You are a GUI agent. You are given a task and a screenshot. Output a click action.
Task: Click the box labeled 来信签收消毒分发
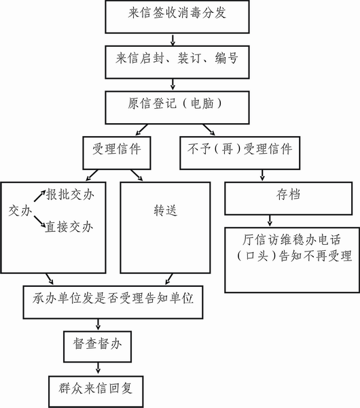177,16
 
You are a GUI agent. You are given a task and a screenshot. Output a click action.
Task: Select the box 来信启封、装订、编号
177,62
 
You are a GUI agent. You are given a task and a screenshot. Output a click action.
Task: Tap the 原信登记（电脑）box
177,107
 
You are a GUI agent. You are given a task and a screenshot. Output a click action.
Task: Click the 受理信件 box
117,153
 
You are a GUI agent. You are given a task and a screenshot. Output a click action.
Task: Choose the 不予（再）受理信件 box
240,153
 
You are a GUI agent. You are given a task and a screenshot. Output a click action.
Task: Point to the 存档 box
289,199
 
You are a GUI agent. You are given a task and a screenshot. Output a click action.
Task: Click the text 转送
165,211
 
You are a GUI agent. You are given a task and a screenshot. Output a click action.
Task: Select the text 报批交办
70,194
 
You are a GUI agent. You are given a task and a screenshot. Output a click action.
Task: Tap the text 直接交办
69,227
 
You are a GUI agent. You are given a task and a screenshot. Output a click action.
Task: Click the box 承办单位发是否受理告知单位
113,302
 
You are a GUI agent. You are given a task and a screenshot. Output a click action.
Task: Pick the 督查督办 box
98,347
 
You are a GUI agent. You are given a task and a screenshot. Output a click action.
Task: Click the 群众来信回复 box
96,392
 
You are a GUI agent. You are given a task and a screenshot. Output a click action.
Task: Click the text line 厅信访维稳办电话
291,239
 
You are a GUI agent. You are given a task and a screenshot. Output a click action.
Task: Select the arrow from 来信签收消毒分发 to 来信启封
173,39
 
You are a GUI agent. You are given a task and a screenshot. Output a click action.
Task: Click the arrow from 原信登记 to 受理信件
142,130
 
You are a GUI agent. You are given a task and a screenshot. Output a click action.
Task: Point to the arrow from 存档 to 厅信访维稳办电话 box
270,220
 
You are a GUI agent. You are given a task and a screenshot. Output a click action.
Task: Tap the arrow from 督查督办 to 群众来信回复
98,368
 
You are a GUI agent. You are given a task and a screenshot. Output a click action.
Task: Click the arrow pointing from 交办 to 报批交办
40,196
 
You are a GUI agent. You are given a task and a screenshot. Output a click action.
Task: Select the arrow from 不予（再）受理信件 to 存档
262,175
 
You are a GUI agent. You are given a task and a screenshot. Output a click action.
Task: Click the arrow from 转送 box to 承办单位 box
169,279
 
